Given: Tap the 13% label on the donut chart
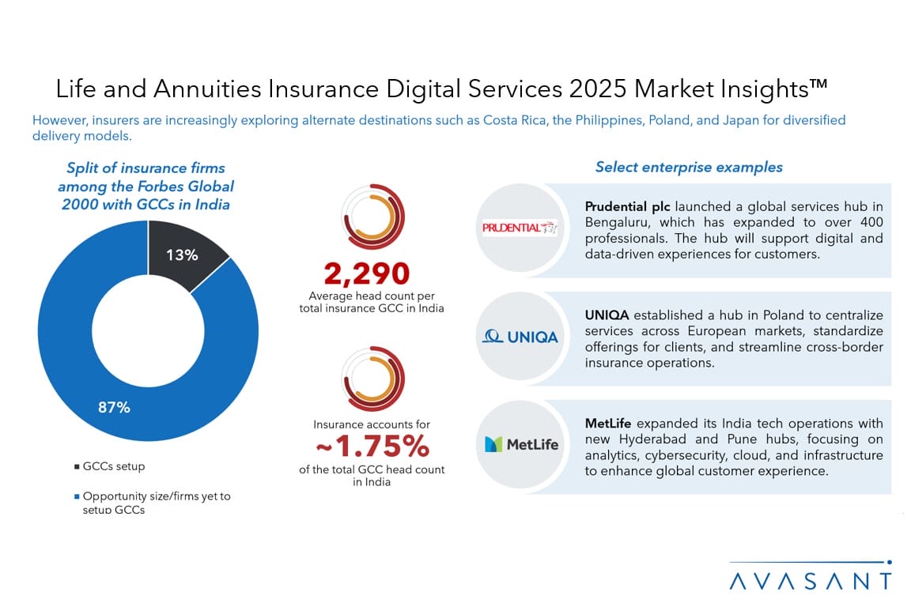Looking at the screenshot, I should click(x=182, y=254).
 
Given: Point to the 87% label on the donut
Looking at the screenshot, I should click(x=115, y=408).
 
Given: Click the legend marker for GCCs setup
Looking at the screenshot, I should click(x=76, y=466).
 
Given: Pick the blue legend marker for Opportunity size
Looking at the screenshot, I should click(x=76, y=496).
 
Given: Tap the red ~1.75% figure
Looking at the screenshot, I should click(x=372, y=447).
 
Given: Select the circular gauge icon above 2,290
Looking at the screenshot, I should click(x=372, y=217).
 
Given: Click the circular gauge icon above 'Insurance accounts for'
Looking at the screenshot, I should click(x=372, y=378).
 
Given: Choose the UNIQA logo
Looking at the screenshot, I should click(x=520, y=337).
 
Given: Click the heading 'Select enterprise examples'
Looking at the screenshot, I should click(x=689, y=167).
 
